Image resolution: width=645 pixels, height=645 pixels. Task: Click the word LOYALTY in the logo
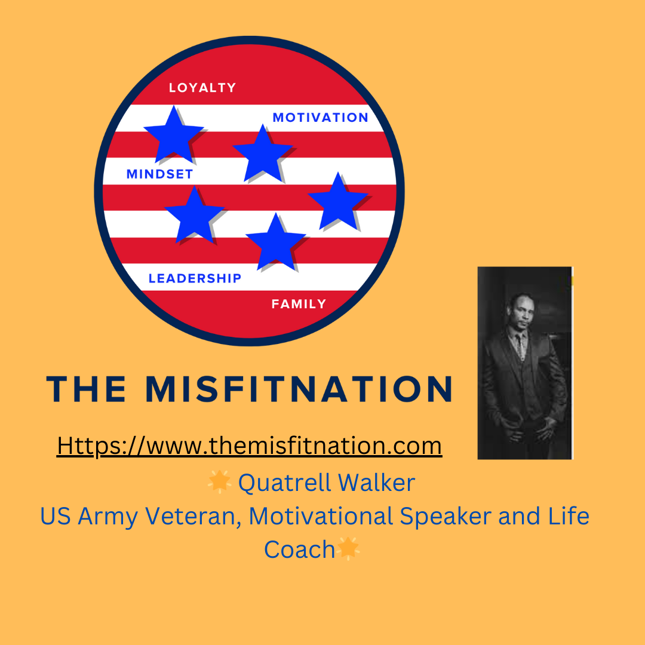(x=202, y=88)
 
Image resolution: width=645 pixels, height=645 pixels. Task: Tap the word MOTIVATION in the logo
(x=320, y=118)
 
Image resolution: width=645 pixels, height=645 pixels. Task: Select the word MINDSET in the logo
(x=159, y=174)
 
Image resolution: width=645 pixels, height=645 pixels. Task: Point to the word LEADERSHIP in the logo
(x=195, y=278)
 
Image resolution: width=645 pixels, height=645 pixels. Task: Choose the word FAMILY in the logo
(x=299, y=304)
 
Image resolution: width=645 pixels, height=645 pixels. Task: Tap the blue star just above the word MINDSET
(x=173, y=134)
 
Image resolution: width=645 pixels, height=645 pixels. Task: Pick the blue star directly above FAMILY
(x=275, y=242)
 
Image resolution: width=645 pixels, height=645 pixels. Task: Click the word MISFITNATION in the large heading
(x=299, y=389)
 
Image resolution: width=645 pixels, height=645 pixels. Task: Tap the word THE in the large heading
(x=87, y=389)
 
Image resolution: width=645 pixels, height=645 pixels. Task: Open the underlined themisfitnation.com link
(x=249, y=446)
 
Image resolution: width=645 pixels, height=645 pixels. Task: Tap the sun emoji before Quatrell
(x=219, y=481)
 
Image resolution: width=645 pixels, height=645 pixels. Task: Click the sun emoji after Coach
(x=349, y=548)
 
